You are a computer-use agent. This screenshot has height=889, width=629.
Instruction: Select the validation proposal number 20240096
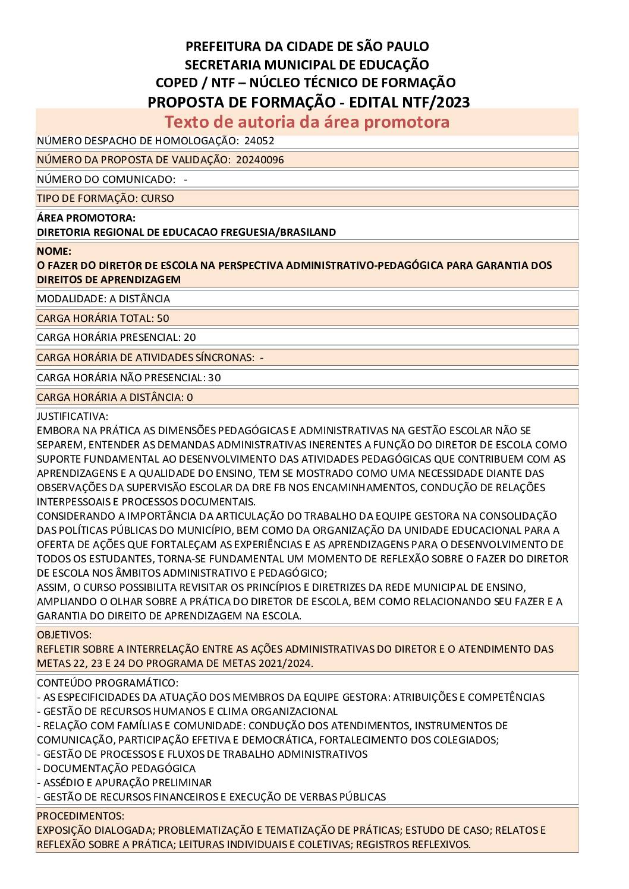260,160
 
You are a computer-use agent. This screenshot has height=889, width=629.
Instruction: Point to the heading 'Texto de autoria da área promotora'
307,122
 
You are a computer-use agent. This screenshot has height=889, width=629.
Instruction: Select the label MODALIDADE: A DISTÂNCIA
103,299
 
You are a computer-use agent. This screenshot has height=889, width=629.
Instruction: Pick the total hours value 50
163,318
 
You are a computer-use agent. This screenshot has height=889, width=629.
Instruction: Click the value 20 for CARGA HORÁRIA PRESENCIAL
190,337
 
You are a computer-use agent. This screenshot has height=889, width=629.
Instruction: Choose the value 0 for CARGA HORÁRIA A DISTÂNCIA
190,397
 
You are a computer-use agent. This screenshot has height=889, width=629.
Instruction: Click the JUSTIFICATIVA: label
73,416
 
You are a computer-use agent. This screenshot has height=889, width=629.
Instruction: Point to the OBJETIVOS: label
64,635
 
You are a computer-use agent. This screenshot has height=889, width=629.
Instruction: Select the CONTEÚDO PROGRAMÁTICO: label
108,683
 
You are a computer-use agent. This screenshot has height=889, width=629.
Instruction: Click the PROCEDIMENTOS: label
80,816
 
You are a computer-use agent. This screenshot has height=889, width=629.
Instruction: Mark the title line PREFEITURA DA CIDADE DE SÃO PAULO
307,46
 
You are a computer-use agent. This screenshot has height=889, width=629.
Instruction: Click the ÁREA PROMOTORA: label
86,218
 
